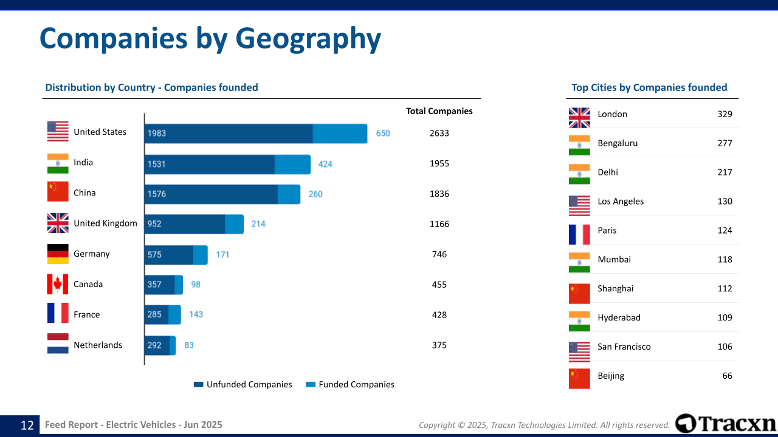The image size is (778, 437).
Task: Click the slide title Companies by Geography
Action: tap(210, 39)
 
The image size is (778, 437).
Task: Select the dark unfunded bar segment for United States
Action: tap(229, 134)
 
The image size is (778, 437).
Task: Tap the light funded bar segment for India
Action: tap(292, 164)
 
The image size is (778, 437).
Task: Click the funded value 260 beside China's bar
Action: tap(315, 194)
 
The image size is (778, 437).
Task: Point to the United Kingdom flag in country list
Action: tap(58, 223)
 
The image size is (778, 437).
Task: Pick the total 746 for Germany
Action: tap(439, 254)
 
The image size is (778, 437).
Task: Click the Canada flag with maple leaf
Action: tap(58, 284)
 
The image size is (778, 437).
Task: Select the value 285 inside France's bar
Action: tap(154, 314)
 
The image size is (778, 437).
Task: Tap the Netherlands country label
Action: tap(98, 345)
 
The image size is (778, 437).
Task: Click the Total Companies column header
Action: tap(439, 111)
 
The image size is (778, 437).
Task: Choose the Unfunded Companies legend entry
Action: tap(243, 384)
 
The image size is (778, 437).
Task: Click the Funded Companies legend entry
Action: tap(349, 384)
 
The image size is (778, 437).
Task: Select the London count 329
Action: tap(725, 114)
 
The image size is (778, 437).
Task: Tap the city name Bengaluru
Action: tap(618, 143)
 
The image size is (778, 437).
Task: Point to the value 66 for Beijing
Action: tap(727, 376)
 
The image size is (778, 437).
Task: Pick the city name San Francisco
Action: tap(624, 347)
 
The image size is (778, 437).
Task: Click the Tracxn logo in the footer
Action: tap(726, 423)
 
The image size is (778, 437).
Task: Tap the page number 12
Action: tap(27, 425)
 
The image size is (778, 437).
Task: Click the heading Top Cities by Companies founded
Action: tap(649, 87)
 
